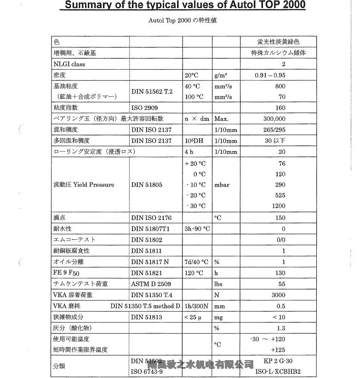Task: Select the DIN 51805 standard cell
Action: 148,185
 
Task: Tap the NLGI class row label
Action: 69,64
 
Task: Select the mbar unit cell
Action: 222,185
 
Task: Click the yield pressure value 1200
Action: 278,206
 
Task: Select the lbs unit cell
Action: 218,284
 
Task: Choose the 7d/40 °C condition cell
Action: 196,262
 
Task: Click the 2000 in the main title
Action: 291,6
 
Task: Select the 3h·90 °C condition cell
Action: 197,229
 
